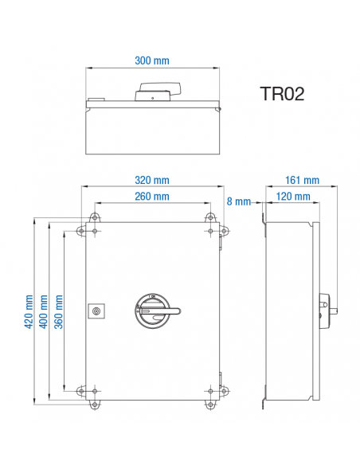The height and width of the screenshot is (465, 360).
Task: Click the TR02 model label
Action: (x=282, y=94)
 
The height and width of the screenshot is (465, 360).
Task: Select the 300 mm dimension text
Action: (x=151, y=61)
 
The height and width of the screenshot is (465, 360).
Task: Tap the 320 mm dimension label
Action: (x=151, y=180)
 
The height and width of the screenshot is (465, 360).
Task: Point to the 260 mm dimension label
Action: (x=151, y=196)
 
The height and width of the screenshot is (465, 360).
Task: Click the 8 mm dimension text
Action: (x=238, y=201)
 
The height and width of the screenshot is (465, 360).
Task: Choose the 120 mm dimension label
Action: (x=294, y=196)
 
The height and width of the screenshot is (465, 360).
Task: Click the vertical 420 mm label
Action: (x=29, y=311)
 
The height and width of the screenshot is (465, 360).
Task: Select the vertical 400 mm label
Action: (x=44, y=311)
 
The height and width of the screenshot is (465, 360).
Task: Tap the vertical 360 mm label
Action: (x=58, y=311)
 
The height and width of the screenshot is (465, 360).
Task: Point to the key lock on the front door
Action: (x=97, y=310)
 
